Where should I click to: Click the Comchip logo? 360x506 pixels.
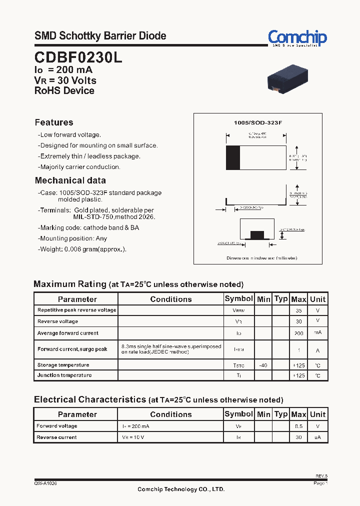click(297, 37)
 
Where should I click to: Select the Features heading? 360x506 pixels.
click(54, 122)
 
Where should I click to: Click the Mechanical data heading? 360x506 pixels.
click(70, 180)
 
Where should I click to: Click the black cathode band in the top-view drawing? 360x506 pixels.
click(232, 158)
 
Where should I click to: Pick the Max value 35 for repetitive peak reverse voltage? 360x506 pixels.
click(298, 310)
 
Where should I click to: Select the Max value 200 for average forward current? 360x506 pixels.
click(298, 333)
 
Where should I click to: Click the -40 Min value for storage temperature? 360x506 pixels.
click(263, 365)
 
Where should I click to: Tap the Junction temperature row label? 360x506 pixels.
click(64, 375)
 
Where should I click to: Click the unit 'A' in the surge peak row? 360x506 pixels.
click(317, 349)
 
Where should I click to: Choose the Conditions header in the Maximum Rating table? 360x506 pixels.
click(170, 299)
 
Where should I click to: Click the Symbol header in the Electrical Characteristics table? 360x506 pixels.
click(238, 414)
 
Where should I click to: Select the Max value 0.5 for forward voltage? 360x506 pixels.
click(298, 426)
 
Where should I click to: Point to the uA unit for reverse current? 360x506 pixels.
click(317, 437)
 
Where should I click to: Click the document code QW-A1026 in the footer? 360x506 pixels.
click(45, 483)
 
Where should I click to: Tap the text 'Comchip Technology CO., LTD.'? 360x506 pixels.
click(181, 489)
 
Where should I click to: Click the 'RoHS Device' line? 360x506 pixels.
click(64, 90)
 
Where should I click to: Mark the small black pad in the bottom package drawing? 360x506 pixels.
click(257, 235)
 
